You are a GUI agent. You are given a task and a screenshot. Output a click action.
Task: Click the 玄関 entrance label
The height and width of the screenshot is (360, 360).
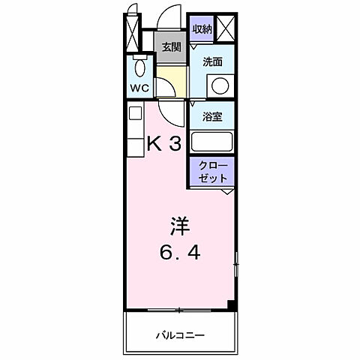[x=171, y=46]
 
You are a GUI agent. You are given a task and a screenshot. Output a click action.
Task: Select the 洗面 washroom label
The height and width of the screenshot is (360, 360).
[x=212, y=63]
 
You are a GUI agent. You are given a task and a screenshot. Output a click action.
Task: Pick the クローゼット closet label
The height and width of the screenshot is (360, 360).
[x=212, y=173]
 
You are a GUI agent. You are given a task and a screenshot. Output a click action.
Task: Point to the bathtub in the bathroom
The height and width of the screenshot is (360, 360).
[x=212, y=142]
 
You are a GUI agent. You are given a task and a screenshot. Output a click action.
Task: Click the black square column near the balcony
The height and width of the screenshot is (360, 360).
[x=232, y=304]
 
